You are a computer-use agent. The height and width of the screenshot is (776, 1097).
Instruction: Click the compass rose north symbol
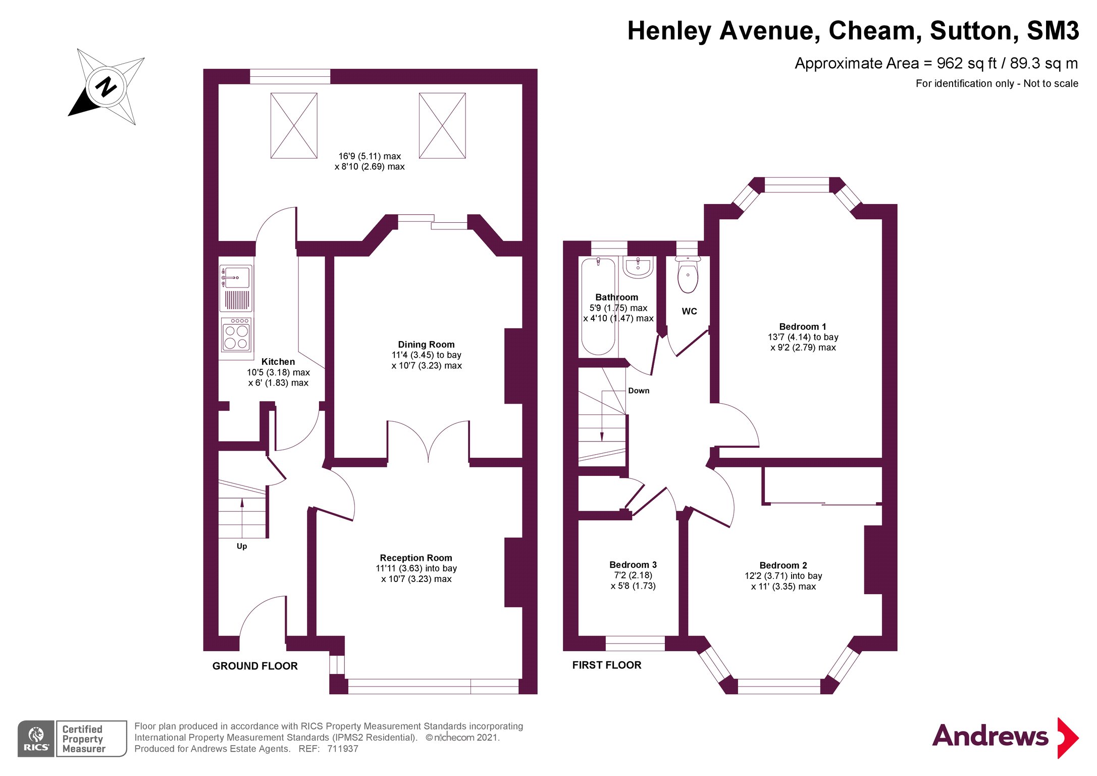(107, 87)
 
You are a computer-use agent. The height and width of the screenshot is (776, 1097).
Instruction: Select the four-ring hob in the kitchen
(236, 334)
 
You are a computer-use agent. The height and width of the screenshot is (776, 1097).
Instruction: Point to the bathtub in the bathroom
(598, 307)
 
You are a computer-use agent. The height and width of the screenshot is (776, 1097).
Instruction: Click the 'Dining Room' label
(426, 345)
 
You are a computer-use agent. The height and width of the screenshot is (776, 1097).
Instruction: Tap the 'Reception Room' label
(416, 558)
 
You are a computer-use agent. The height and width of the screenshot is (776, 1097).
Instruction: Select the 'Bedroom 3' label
(633, 565)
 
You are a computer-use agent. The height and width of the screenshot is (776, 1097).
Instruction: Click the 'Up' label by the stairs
(242, 546)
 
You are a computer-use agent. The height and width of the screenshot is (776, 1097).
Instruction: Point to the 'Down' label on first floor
(639, 391)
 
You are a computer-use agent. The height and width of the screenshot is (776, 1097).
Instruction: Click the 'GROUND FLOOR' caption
(255, 666)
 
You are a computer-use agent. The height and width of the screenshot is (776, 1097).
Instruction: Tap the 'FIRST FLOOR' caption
(607, 665)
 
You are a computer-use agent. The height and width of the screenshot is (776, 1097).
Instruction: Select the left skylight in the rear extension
(294, 125)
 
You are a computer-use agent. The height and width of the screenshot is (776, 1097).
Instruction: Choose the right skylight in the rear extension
(442, 125)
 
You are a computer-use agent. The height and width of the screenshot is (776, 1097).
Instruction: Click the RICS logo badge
(72, 739)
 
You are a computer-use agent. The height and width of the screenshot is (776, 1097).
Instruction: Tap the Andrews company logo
(1005, 737)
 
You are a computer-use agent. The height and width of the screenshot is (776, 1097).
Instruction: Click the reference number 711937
(343, 749)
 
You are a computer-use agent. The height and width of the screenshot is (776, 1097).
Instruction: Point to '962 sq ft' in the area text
(967, 64)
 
